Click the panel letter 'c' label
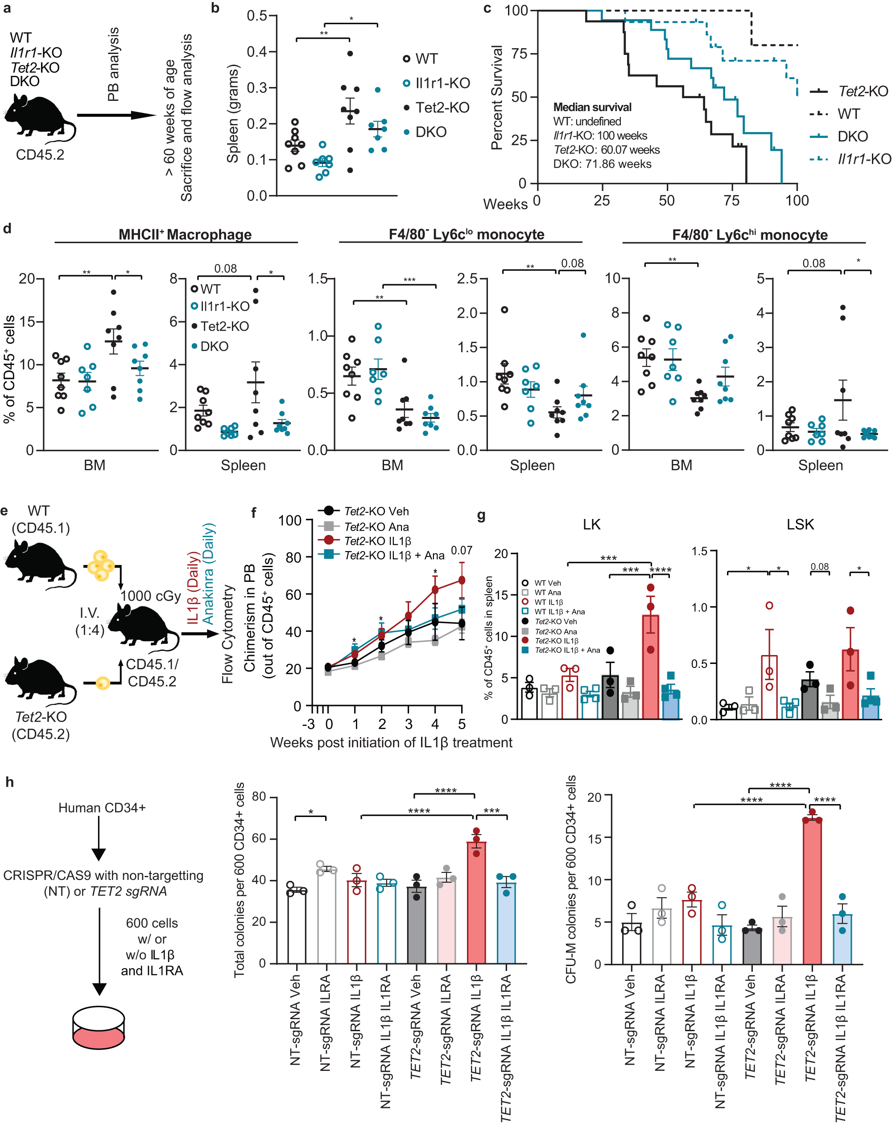487,9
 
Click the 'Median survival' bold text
592,108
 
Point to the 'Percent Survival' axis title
496,97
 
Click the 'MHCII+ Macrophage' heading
185,235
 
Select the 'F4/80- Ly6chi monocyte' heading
749,235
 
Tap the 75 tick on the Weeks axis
731,201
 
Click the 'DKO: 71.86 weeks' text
602,164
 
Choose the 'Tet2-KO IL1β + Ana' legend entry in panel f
393,555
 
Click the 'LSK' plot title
800,524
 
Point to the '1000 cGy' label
151,596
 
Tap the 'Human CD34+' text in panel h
102,808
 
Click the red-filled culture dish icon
99,1029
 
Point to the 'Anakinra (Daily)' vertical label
208,573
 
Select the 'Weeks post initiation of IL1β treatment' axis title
391,742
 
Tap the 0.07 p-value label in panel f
461,551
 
